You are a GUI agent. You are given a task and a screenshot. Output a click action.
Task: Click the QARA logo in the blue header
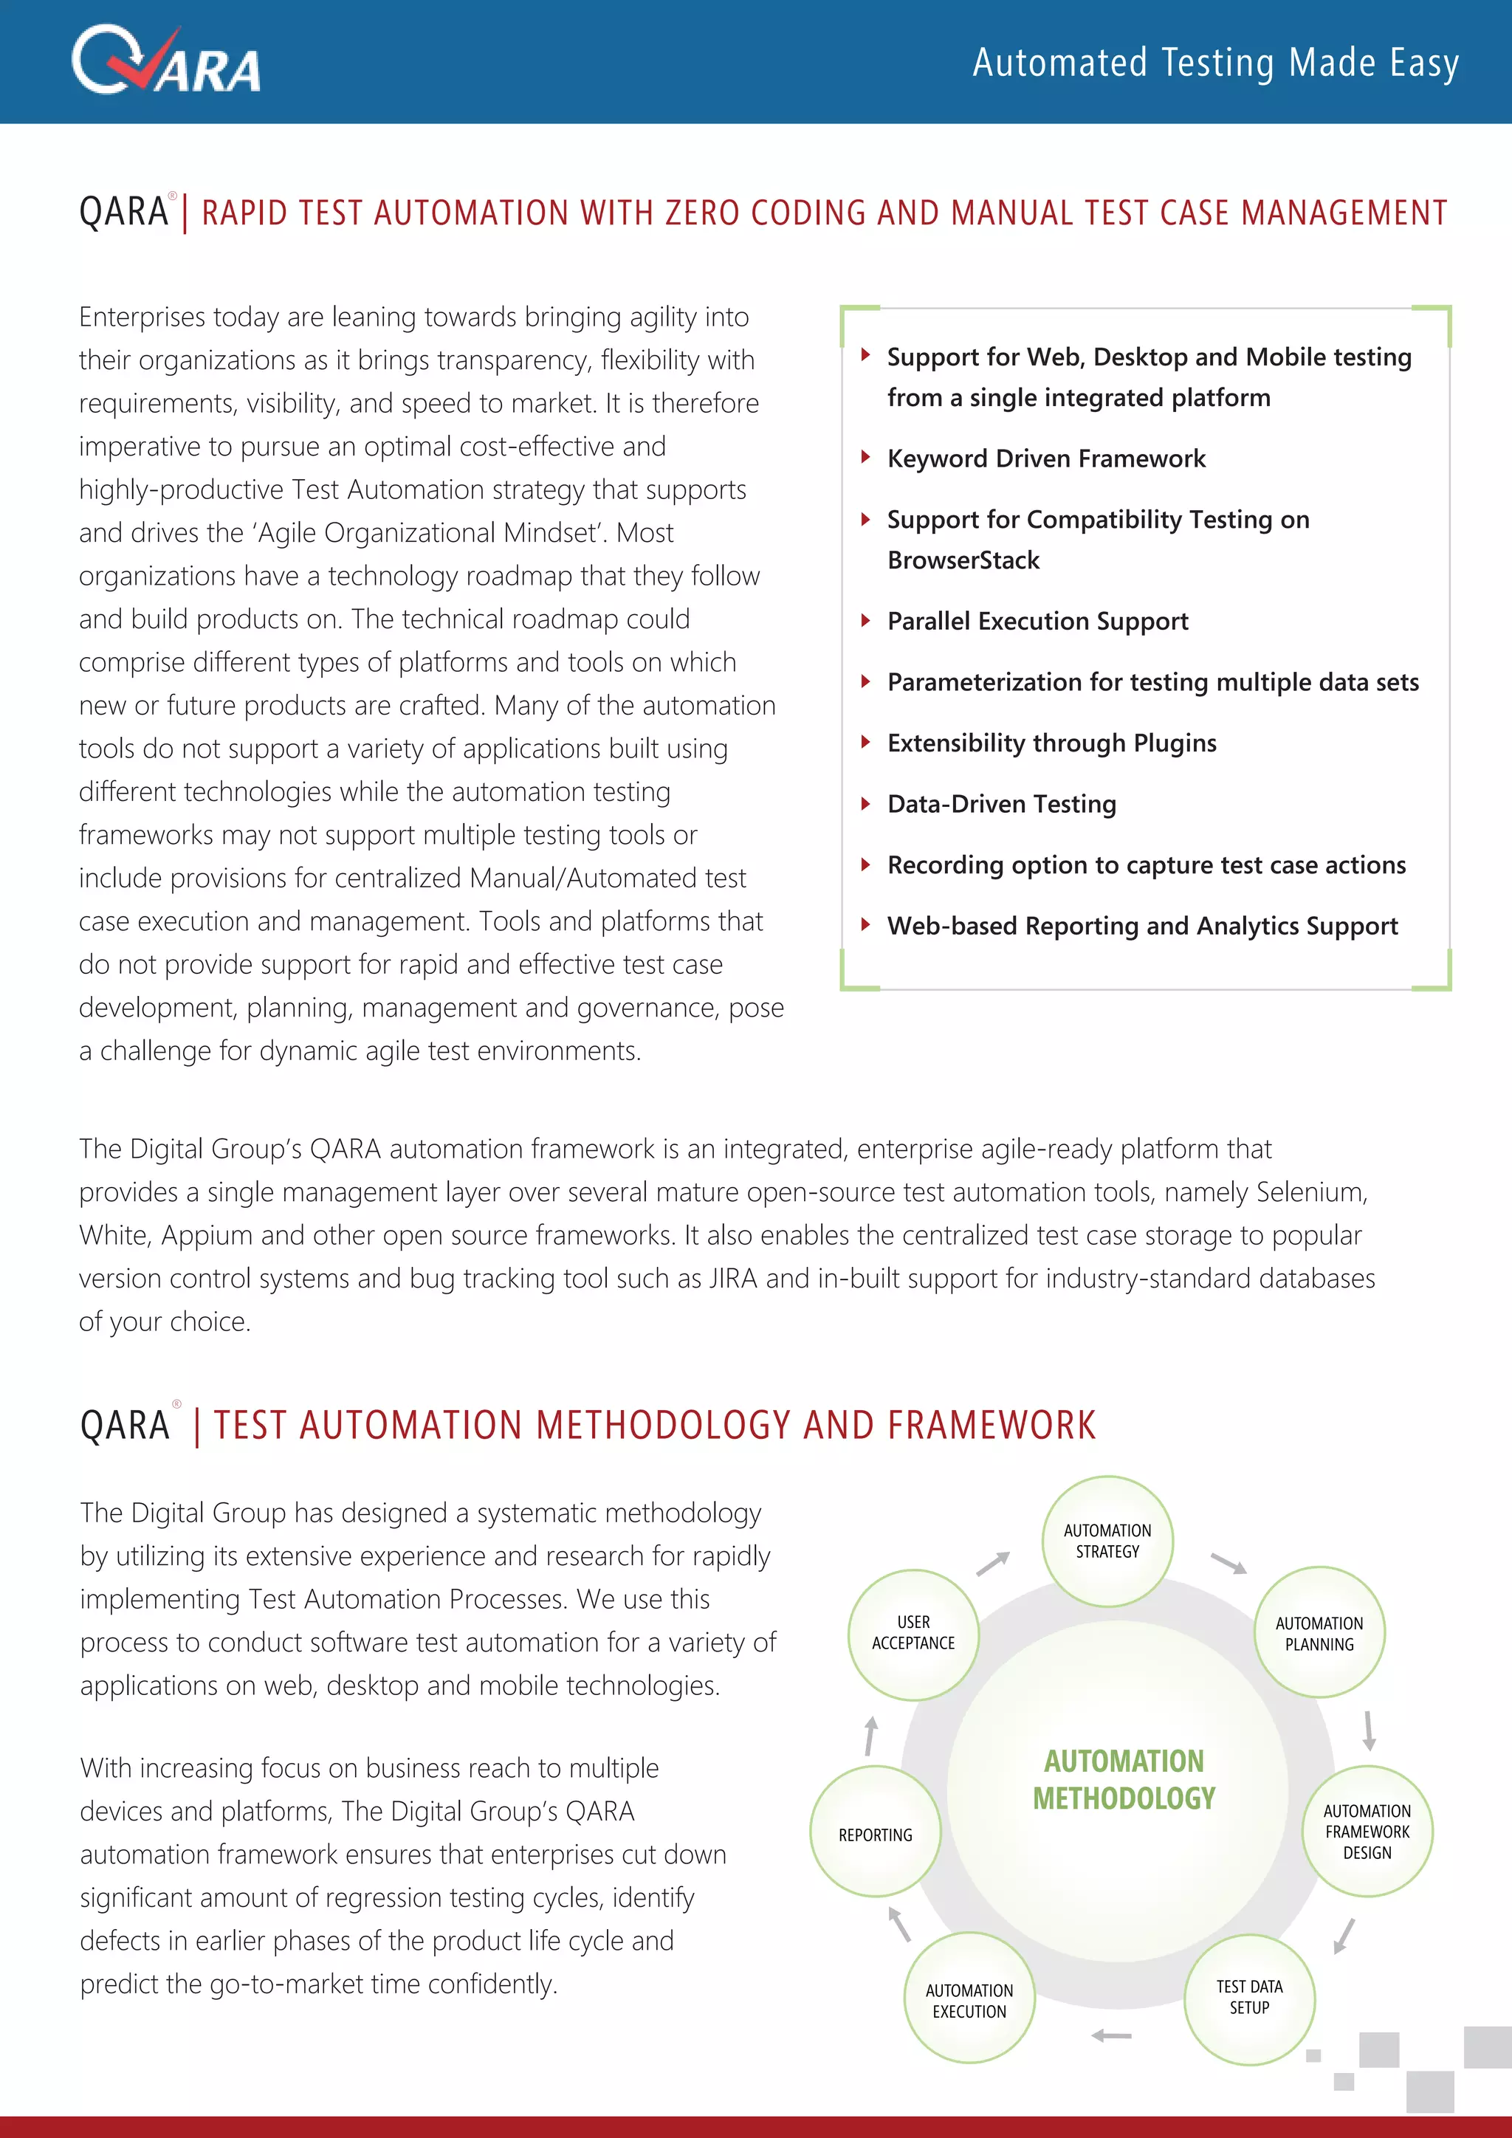tap(165, 61)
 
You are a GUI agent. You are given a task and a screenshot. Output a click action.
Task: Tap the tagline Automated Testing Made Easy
tap(1215, 63)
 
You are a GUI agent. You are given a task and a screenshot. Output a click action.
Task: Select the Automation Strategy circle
tap(1107, 1541)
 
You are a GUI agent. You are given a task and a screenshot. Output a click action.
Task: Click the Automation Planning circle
tap(1319, 1633)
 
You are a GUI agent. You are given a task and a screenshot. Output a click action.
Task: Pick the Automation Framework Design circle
tap(1366, 1832)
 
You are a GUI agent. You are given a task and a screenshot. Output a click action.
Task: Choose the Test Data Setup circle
tap(1248, 1998)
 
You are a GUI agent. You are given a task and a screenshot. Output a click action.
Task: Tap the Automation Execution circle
tap(969, 2000)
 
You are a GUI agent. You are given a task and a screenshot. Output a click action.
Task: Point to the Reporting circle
tap(875, 1835)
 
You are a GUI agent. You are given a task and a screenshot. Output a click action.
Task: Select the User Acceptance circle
tap(913, 1632)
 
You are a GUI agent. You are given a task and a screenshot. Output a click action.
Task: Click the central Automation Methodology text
tap(1124, 1778)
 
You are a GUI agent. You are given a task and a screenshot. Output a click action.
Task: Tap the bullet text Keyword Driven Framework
tap(1045, 458)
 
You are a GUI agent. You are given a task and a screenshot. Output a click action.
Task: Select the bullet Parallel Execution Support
tap(1037, 621)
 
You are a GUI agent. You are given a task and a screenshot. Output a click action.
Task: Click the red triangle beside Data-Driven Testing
tap(866, 804)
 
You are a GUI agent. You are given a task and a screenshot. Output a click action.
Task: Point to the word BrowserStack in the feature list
tap(963, 560)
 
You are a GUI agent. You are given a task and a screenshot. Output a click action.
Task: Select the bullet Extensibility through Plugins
tap(1051, 743)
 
